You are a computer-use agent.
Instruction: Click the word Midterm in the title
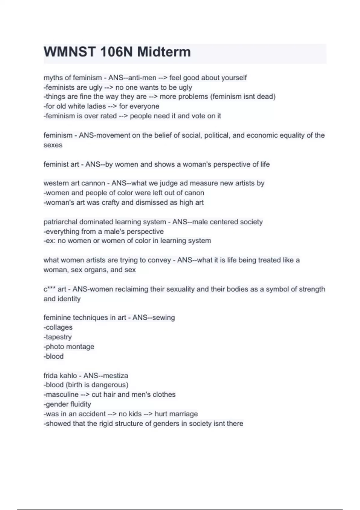[164, 52]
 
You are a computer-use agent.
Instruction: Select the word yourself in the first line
[234, 78]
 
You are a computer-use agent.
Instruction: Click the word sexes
[53, 145]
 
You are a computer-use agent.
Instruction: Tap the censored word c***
[49, 289]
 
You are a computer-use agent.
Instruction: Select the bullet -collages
[58, 327]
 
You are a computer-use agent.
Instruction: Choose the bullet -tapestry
[58, 337]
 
